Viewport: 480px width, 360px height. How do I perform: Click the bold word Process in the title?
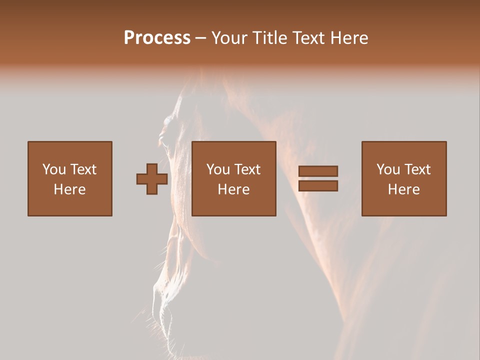(x=157, y=38)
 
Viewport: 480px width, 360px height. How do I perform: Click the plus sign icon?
(x=152, y=179)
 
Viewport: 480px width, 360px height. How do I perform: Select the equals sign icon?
(x=318, y=178)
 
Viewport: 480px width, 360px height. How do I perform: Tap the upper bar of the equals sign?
(x=318, y=171)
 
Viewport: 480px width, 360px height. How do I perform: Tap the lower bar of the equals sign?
(x=318, y=186)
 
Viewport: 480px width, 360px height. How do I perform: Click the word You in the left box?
(x=54, y=169)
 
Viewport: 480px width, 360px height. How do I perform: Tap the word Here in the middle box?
(x=234, y=189)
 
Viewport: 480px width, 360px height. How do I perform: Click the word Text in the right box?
(x=417, y=169)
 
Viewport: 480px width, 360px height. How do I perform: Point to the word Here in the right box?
(x=404, y=189)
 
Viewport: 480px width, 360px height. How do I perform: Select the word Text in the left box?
(x=83, y=169)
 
